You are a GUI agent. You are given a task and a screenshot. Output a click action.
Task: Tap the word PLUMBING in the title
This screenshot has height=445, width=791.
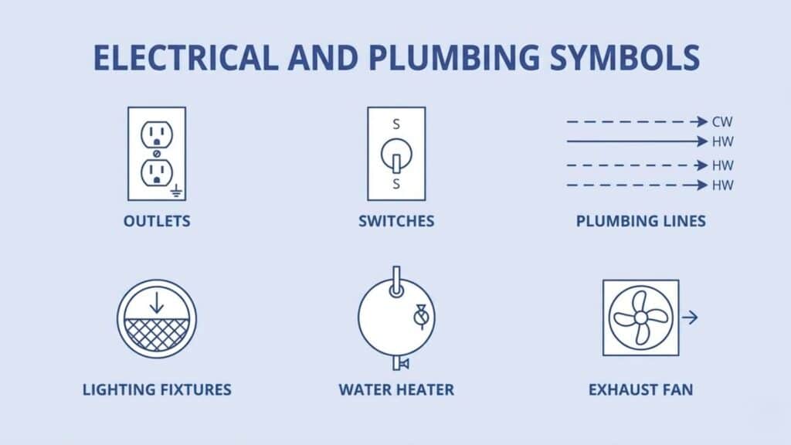point(437,58)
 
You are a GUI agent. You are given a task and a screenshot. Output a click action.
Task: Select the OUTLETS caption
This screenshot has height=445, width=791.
point(157,221)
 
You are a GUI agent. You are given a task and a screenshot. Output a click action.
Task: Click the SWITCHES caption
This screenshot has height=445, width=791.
point(396,221)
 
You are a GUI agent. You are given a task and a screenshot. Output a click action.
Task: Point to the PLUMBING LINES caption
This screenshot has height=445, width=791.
point(640,221)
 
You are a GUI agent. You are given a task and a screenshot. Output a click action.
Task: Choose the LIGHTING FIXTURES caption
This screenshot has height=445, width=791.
point(157,389)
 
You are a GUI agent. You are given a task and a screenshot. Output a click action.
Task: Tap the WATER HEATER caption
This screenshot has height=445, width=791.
point(396,389)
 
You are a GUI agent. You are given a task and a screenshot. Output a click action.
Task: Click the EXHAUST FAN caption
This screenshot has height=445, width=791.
point(640,389)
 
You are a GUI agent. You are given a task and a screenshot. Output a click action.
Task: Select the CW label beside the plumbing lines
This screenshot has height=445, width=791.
point(723,122)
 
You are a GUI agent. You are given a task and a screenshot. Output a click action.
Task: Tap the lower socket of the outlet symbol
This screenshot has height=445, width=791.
point(157,172)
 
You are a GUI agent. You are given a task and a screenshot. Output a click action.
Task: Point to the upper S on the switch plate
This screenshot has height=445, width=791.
point(396,124)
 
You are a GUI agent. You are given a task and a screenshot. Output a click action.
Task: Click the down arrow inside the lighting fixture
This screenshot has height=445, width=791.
point(157,303)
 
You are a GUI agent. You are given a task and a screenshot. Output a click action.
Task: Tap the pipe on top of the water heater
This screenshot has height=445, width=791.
point(396,279)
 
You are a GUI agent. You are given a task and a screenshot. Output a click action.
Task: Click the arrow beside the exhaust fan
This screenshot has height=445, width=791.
point(689,317)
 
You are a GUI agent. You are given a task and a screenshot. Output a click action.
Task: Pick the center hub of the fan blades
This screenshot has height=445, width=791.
point(640,317)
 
